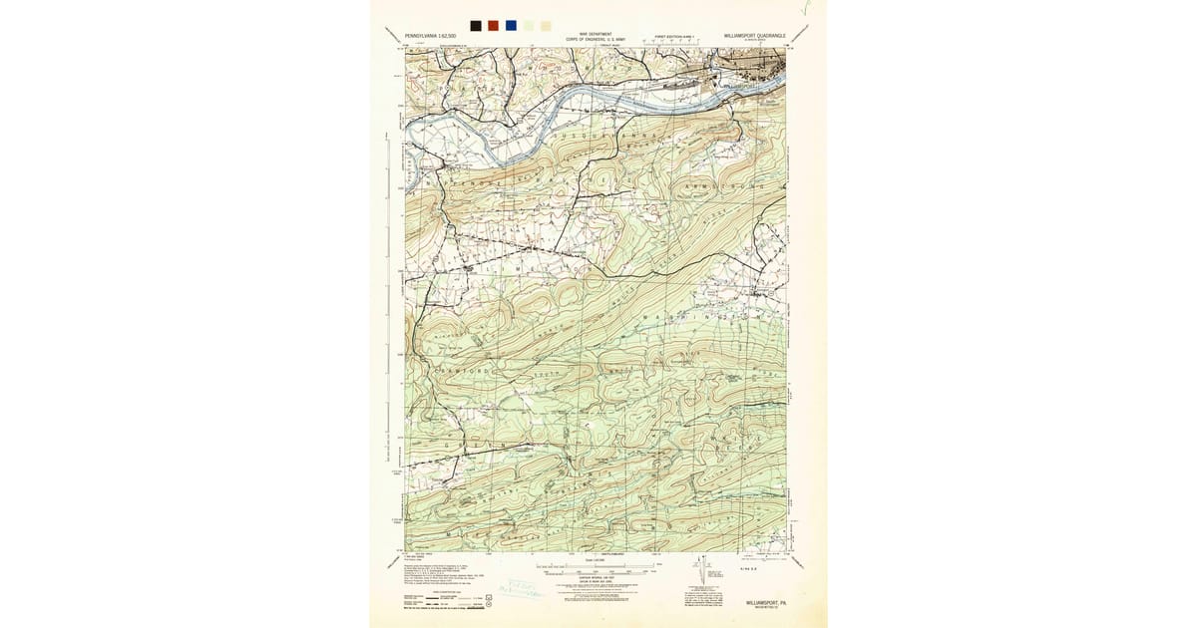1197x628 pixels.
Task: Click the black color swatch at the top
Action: pyautogui.click(x=476, y=25)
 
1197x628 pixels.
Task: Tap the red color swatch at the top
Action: pyautogui.click(x=493, y=25)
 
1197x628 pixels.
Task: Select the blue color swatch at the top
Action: pyautogui.click(x=511, y=25)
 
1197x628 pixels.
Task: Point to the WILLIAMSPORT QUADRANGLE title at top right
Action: pyautogui.click(x=755, y=36)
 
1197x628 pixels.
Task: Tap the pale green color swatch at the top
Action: pyautogui.click(x=529, y=25)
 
